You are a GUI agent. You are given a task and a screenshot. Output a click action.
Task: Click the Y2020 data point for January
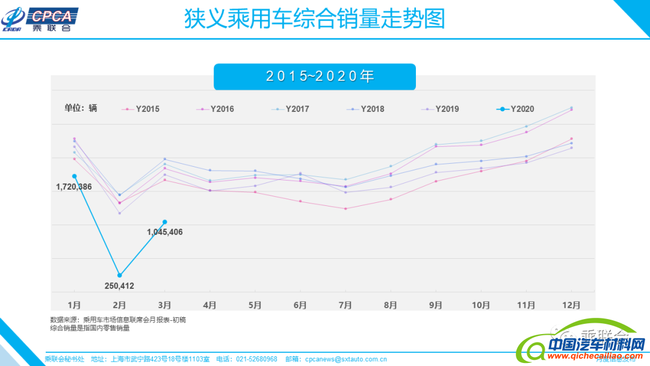[x=74, y=176]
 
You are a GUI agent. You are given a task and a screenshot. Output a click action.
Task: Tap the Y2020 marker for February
[x=120, y=275]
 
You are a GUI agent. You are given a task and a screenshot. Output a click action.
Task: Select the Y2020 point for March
[x=165, y=222]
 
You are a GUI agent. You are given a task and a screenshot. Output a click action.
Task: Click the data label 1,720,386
[x=74, y=187]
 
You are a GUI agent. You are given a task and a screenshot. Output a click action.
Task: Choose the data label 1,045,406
[x=165, y=232]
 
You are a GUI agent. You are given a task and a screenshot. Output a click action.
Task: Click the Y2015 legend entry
[x=141, y=109]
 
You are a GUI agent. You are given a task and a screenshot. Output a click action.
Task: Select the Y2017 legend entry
[x=291, y=109]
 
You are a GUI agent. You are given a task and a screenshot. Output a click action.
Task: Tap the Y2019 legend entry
[x=441, y=109]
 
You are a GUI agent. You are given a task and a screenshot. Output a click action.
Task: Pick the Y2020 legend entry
[x=515, y=109]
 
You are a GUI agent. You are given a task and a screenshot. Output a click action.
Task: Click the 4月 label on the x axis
[x=210, y=305]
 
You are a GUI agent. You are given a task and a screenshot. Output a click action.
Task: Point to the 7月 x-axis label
[x=345, y=305]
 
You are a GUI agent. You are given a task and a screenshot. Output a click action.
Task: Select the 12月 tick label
[x=571, y=305]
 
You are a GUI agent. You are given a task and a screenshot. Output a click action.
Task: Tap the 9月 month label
[x=436, y=305]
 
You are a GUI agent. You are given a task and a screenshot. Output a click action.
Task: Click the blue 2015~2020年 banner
[x=315, y=76]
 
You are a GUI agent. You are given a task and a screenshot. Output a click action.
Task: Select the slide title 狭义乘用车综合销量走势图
[x=314, y=19]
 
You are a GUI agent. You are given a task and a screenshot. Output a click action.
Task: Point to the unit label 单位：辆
[x=81, y=108]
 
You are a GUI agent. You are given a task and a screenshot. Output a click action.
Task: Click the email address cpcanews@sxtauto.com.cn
[x=346, y=359]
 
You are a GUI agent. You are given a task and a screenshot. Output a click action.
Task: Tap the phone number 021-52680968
[x=256, y=359]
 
